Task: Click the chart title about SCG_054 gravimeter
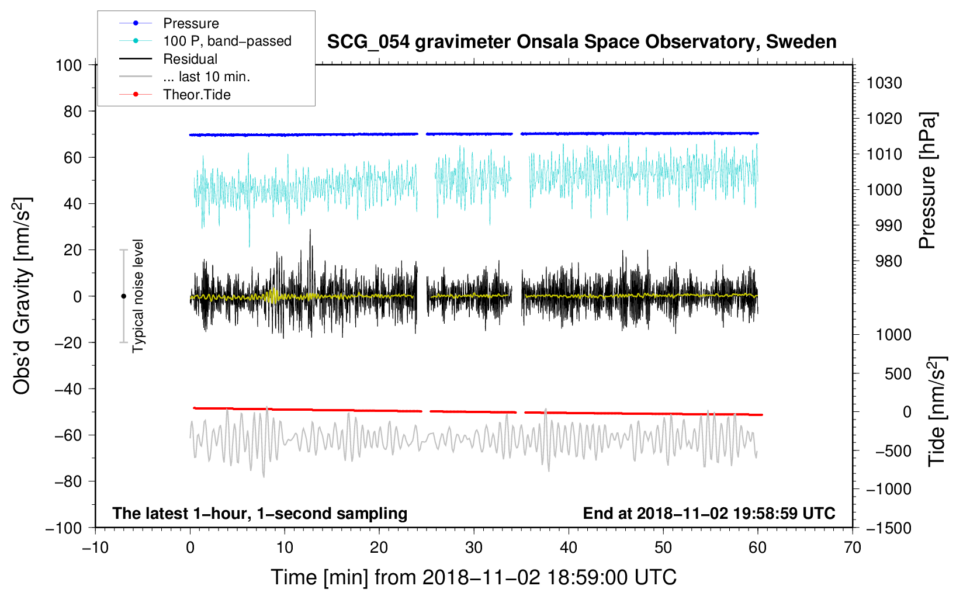(x=581, y=42)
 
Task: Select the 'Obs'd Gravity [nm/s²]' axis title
(x=22, y=296)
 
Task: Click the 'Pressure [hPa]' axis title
(x=927, y=181)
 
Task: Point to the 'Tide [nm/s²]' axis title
(x=937, y=411)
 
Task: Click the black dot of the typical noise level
(x=123, y=296)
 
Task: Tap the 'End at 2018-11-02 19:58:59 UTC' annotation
(x=709, y=513)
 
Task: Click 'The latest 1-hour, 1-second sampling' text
(x=260, y=514)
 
